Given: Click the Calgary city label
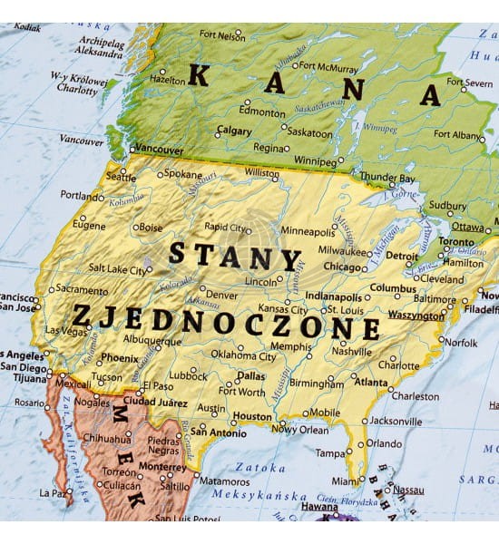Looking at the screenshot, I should point(234,131).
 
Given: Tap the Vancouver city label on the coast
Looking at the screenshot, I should point(160,151).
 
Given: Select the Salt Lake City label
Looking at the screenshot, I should point(116,268).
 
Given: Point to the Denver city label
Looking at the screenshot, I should point(221,295).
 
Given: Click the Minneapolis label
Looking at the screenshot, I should point(308,231).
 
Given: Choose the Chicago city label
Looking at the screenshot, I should point(343,267).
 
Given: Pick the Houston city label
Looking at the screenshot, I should point(252,417).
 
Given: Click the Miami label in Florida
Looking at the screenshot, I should point(345,481).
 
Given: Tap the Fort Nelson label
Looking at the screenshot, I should point(223,36).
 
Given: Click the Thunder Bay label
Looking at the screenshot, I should point(387,177).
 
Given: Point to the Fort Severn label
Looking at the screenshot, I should point(464,83).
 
